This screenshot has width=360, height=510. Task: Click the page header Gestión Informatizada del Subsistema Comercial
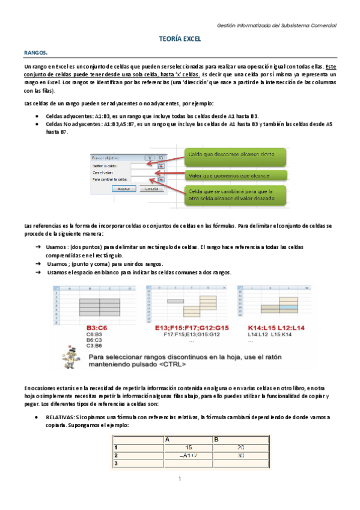276,25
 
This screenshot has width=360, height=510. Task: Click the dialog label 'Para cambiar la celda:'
110,179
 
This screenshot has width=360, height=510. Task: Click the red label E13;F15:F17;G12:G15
186,327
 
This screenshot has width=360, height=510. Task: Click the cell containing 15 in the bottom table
188,447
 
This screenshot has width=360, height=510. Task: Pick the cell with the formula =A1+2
188,456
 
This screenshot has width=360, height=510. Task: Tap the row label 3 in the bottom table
117,464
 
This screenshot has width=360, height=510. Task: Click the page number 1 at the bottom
180,479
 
